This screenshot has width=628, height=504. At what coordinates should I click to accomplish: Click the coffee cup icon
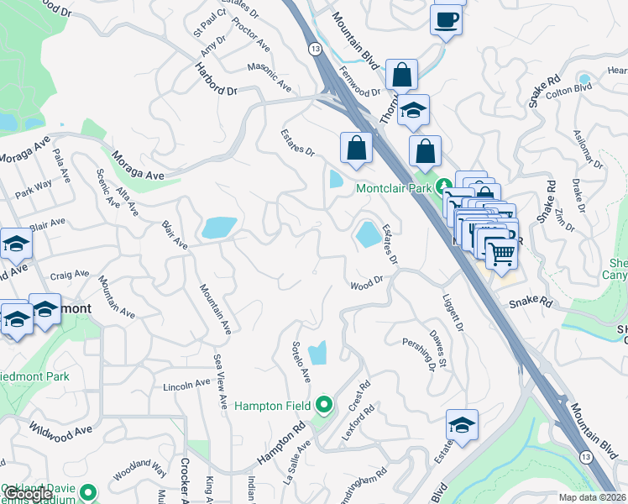coord(446,18)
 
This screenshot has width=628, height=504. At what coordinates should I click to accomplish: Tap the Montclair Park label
coord(392,188)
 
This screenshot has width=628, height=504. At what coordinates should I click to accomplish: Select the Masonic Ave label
coord(270,76)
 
